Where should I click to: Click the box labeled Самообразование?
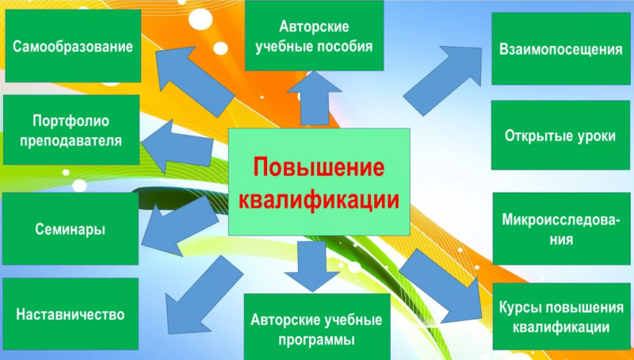coord(73,46)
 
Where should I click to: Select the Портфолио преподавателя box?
coord(71,130)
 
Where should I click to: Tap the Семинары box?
coord(71,228)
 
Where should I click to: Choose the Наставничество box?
coord(71,314)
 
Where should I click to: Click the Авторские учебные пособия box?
coord(314,36)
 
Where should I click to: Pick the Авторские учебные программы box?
coord(316,327)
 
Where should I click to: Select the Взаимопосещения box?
coord(561,48)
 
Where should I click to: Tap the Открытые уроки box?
coord(560,135)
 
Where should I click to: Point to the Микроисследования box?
coord(562,228)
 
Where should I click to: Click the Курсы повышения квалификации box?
coord(562,316)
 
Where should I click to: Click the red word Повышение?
coord(319,167)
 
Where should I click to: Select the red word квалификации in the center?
coord(319,199)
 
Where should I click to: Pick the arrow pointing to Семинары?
coord(180,227)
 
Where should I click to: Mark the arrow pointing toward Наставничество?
coord(202,296)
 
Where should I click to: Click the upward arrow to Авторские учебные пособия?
coord(314,98)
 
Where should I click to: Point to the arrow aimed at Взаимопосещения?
coord(444,80)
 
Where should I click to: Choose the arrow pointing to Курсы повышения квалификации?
coord(441,286)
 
